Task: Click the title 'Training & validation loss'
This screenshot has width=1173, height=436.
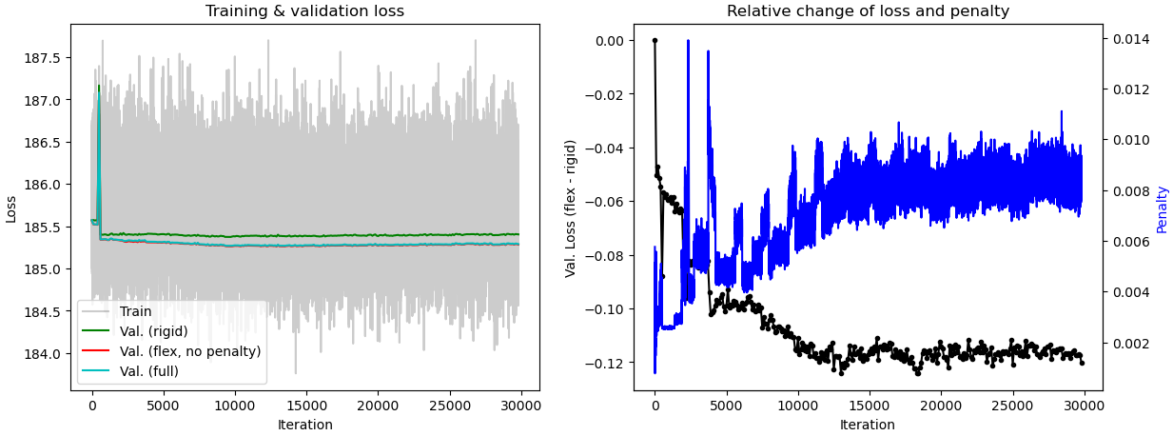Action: click(x=304, y=11)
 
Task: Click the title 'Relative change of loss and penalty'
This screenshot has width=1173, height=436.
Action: click(x=868, y=11)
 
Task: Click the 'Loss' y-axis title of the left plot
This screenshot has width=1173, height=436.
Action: click(x=11, y=208)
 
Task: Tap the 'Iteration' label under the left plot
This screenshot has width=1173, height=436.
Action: click(x=304, y=425)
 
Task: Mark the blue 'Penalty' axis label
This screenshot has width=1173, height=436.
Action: click(x=1162, y=209)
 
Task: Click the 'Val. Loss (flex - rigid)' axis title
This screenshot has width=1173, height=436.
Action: click(x=571, y=208)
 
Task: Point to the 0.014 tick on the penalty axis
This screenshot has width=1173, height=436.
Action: click(x=1130, y=39)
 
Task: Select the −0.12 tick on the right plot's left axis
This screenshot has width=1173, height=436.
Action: click(x=605, y=363)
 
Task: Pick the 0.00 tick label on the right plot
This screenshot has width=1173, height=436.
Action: click(x=609, y=41)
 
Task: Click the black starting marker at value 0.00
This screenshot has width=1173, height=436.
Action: click(x=655, y=41)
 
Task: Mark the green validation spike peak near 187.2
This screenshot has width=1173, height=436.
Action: click(x=99, y=86)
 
